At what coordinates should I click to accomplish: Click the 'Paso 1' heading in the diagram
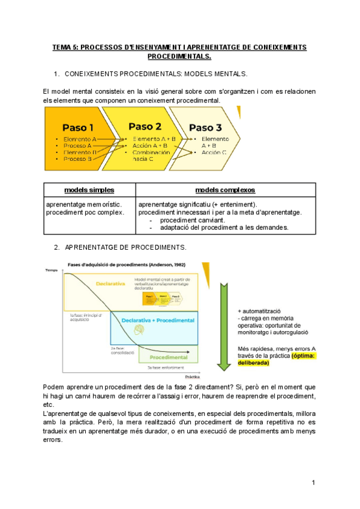point(78,127)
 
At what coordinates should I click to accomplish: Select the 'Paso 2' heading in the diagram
point(145,126)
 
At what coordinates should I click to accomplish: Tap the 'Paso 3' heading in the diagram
point(205,128)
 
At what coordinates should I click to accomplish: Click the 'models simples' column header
point(89,190)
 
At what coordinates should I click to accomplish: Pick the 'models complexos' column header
point(225,190)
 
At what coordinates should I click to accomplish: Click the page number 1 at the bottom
point(313,483)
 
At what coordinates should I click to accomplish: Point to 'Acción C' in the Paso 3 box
point(214,152)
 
